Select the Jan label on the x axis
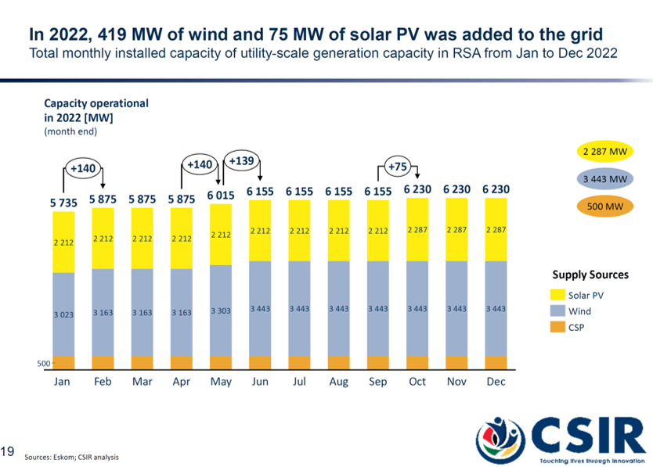click(x=63, y=382)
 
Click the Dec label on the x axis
click(x=496, y=382)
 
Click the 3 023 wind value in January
click(x=63, y=314)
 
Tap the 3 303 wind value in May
click(x=221, y=311)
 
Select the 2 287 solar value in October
click(x=417, y=230)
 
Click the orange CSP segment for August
click(x=338, y=362)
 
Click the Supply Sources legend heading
click(x=590, y=275)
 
